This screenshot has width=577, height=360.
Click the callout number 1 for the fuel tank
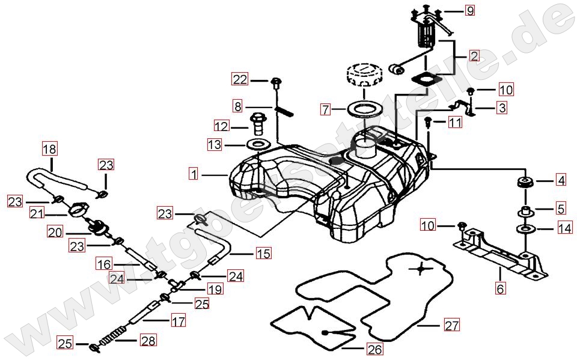click(193, 174)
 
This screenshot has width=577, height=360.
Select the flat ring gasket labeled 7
click(364, 110)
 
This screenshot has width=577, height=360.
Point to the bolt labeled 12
click(259, 124)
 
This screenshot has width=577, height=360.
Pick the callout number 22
click(240, 79)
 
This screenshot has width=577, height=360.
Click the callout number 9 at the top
click(469, 10)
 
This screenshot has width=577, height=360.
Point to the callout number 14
click(564, 228)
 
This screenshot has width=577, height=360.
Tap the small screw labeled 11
click(428, 123)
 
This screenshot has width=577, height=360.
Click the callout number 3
click(501, 108)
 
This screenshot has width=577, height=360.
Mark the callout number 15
click(263, 253)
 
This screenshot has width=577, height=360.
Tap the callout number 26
click(374, 349)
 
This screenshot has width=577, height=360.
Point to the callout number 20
click(55, 232)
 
